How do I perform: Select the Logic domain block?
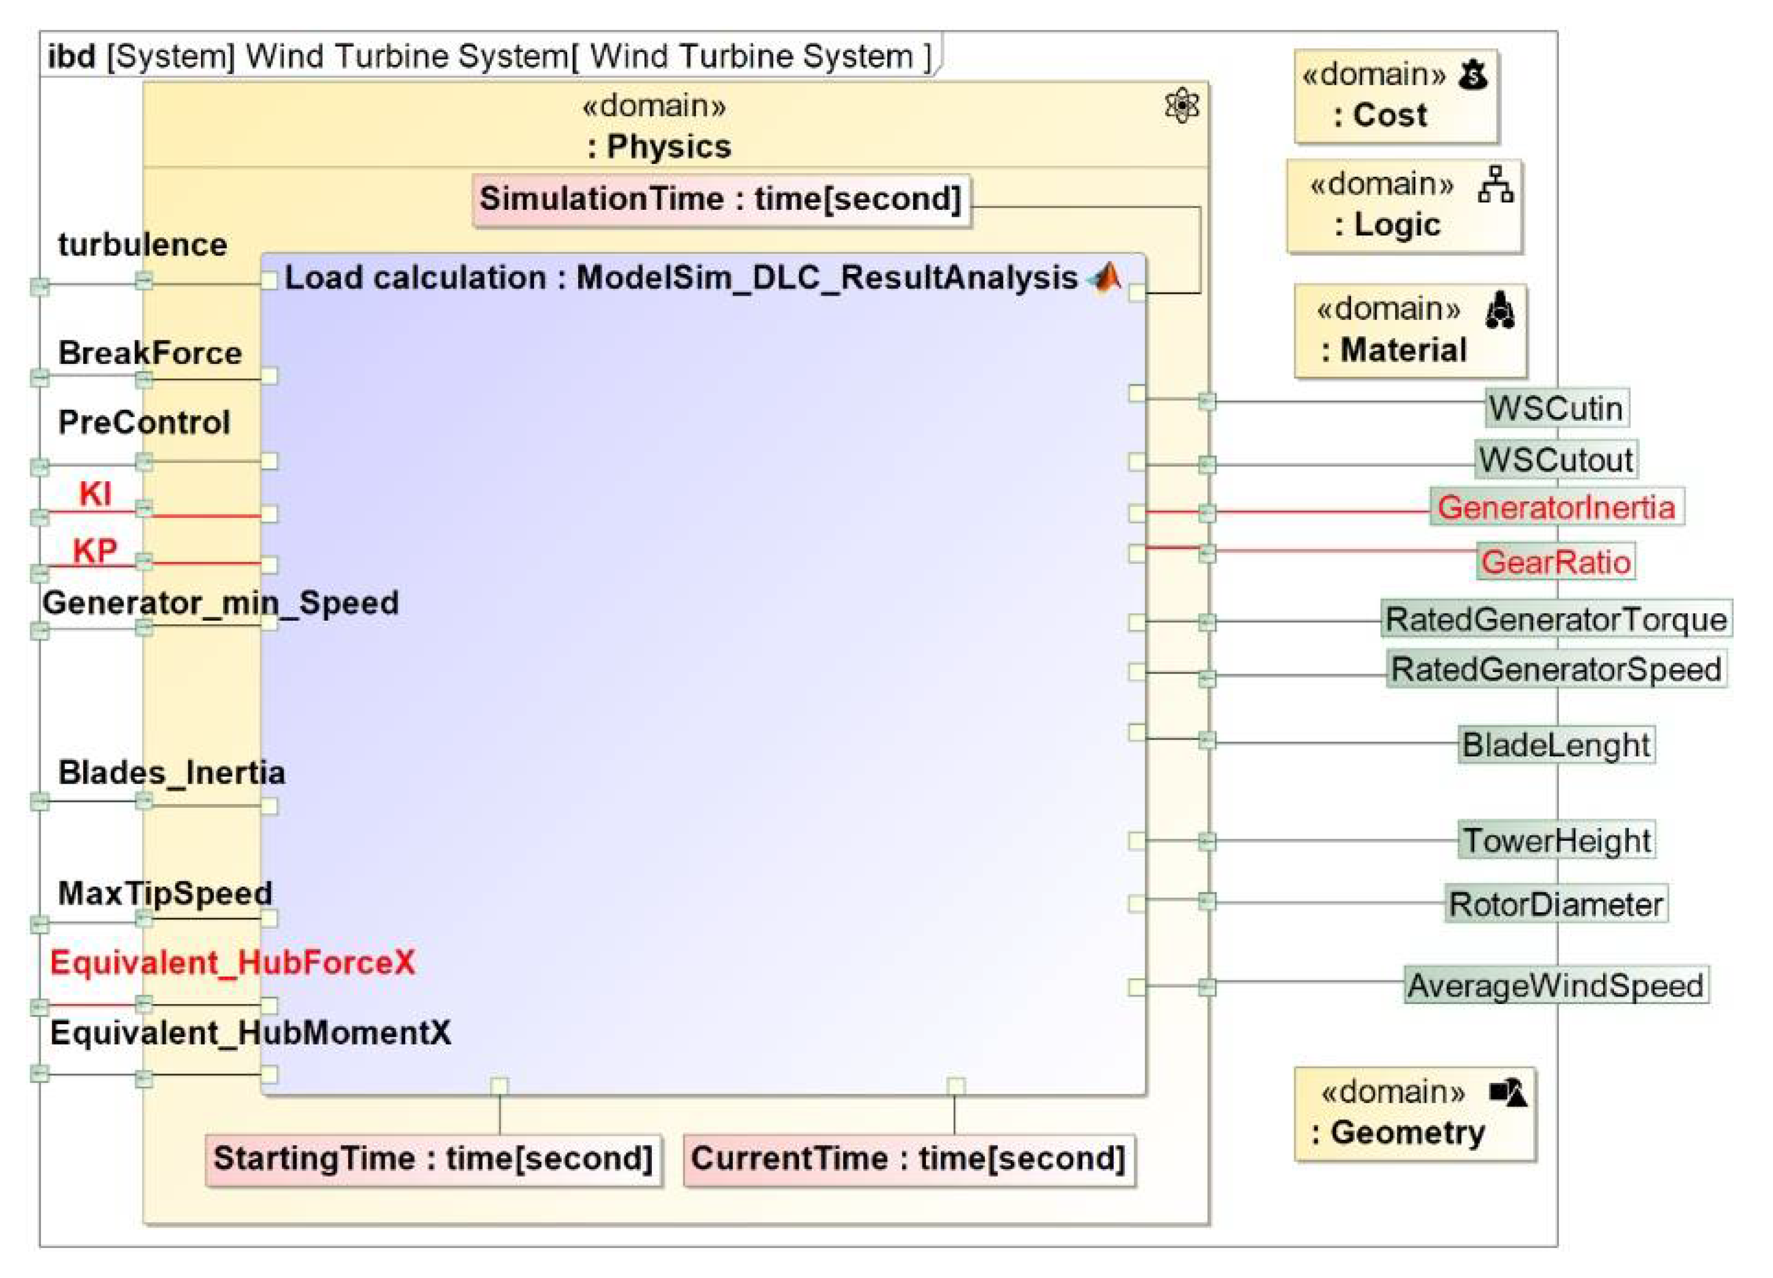click(1404, 206)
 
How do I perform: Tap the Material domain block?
click(1409, 331)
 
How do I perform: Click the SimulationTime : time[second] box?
click(721, 200)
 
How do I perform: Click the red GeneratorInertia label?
click(1556, 508)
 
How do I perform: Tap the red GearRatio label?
click(1556, 563)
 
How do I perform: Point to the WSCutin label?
click(1556, 409)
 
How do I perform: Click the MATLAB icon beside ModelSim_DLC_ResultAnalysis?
click(1105, 278)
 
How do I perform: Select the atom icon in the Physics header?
click(1181, 106)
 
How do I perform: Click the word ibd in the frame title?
click(72, 57)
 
